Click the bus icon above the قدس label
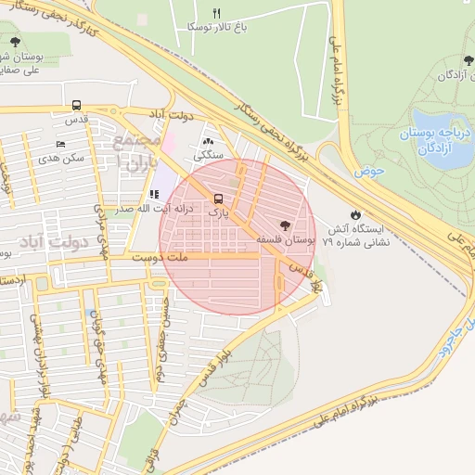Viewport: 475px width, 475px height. (75, 106)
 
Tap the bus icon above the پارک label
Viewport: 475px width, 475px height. (218, 199)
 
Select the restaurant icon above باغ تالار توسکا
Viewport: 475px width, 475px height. (217, 13)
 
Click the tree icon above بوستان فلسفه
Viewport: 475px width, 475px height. (285, 225)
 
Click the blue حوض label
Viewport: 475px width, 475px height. (368, 171)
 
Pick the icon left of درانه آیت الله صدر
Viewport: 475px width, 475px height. (153, 195)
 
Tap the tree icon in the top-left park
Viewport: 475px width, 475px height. (14, 41)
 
